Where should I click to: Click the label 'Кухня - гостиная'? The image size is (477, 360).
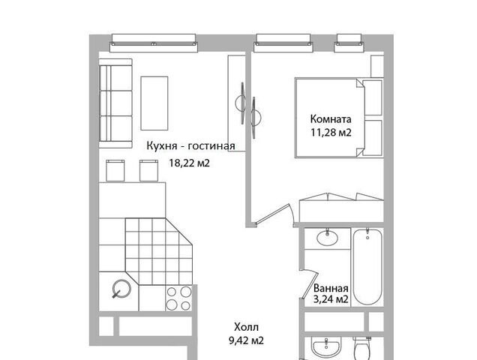click(x=190, y=145)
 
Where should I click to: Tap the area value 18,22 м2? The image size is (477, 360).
click(x=189, y=163)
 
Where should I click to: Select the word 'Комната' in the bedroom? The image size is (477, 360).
click(x=331, y=119)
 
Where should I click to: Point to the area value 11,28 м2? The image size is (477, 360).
click(x=331, y=133)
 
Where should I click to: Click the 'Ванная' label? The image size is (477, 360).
click(x=331, y=288)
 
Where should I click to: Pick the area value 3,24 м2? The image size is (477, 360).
click(x=331, y=299)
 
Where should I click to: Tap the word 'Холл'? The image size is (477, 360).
click(x=247, y=328)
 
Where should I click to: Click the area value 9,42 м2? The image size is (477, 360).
click(x=246, y=340)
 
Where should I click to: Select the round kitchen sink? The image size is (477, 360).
click(x=121, y=288)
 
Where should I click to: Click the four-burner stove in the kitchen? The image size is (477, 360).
click(x=178, y=298)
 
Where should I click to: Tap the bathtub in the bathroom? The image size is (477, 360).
click(x=367, y=266)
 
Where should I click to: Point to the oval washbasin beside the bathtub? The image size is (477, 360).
click(x=327, y=238)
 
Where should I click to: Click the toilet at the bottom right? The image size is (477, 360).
click(x=362, y=349)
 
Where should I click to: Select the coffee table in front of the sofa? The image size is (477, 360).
click(x=154, y=103)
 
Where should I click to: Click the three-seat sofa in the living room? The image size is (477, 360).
click(x=115, y=103)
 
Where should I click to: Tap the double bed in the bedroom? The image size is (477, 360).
click(x=339, y=118)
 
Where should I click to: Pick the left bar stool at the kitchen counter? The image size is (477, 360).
click(x=115, y=170)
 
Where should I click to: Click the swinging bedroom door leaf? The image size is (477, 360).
click(x=272, y=214)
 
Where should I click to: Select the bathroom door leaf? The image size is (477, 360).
click(x=310, y=284)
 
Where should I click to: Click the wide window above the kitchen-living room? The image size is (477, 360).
click(x=154, y=43)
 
